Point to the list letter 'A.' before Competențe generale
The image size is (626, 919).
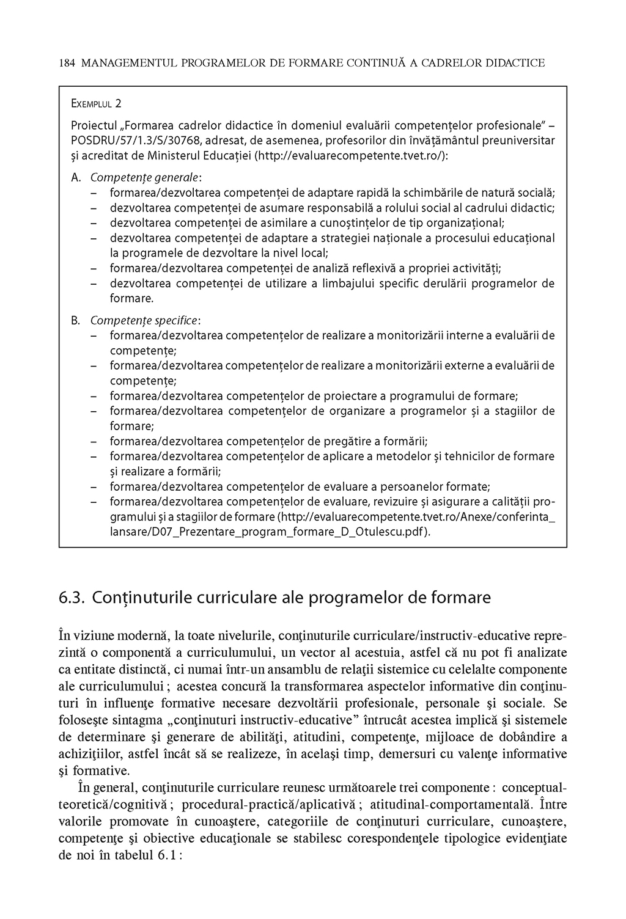[76, 178]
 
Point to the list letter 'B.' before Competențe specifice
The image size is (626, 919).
[76, 321]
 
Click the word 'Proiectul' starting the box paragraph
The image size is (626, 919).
[95, 126]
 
